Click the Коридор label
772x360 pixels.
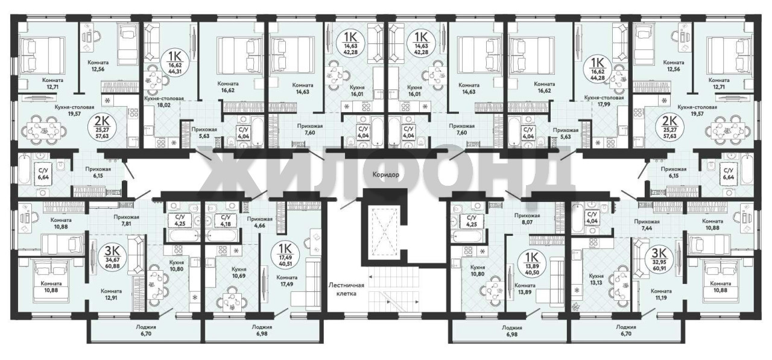tap(385, 175)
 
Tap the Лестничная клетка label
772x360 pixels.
tap(346, 289)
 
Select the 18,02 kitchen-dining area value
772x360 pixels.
tap(168, 105)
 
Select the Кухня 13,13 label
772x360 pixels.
tap(596, 279)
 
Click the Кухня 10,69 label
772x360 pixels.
tap(239, 273)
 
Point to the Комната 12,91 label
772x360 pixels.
tap(112, 294)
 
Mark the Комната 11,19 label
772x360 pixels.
tap(661, 294)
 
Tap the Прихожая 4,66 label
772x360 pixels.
tap(259, 223)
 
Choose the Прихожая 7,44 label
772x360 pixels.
tap(647, 225)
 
